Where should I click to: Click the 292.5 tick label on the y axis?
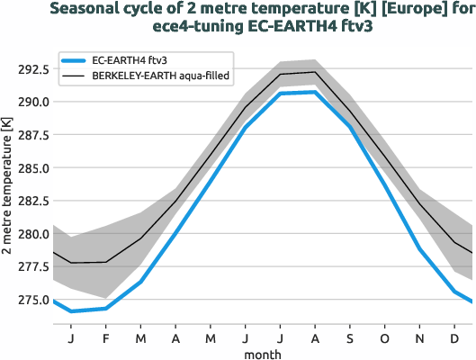coord(31,68)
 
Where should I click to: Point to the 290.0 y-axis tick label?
coord(31,102)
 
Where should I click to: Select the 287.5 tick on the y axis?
coord(31,135)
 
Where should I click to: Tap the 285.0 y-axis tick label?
coord(31,168)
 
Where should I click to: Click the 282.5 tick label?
coord(31,201)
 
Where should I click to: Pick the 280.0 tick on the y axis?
coord(31,234)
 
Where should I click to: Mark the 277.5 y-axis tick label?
coord(31,267)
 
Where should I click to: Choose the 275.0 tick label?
coord(31,301)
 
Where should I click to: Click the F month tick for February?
coord(106,338)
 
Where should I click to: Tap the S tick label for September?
coord(350,338)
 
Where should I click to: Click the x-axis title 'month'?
coord(262,354)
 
